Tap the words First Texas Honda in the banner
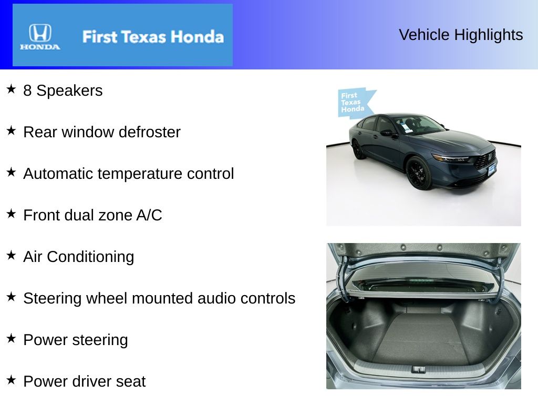[153, 37]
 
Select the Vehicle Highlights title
[461, 35]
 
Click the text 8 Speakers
[63, 90]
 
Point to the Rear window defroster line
[101, 132]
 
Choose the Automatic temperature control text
[128, 174]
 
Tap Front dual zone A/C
[92, 215]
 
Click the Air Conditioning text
[78, 257]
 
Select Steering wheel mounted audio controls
[159, 298]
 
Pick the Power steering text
[75, 340]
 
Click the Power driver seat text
[84, 381]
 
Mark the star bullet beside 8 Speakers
[11, 89]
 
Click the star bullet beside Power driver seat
[11, 380]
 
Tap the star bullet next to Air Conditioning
[11, 255]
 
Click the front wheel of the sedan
[419, 173]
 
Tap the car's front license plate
[491, 169]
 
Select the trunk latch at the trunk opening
[419, 369]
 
